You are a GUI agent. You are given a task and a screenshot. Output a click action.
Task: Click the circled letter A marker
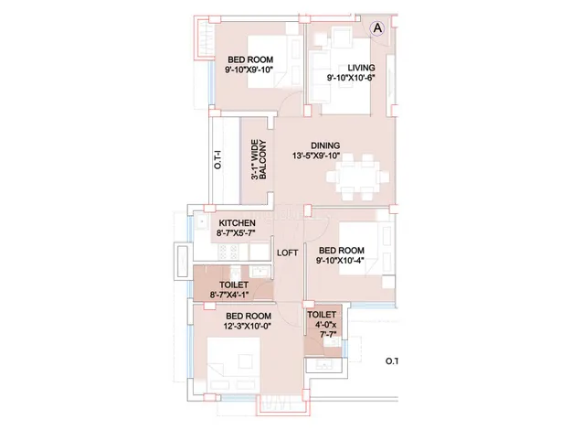point(377,28)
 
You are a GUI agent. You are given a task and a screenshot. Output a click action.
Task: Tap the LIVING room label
point(361,68)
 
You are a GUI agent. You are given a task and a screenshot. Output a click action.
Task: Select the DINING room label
point(325,145)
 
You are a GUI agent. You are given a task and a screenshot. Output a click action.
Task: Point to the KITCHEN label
point(238,223)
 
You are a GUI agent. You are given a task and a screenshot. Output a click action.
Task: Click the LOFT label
point(288,253)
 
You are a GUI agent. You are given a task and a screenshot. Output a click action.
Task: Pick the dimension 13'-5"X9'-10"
point(316,156)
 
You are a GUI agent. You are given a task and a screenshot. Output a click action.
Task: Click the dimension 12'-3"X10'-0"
point(248,326)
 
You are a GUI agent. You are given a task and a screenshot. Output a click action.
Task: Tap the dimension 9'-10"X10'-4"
point(341,261)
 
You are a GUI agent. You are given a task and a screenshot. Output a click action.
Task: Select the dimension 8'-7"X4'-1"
point(229,295)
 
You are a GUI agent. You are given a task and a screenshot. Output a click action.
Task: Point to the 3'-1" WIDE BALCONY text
point(259,159)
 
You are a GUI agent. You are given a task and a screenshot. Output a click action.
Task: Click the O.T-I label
point(217,160)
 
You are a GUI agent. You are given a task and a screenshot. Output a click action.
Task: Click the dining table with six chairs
point(357,177)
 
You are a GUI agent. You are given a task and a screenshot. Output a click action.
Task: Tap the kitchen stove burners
point(228,252)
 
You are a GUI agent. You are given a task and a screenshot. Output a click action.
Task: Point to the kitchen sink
point(201,221)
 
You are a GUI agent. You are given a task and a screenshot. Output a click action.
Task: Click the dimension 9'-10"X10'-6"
point(351,78)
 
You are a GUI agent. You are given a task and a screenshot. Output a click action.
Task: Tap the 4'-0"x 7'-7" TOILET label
point(323,325)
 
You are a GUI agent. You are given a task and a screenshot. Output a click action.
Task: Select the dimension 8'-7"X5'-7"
point(236,233)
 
